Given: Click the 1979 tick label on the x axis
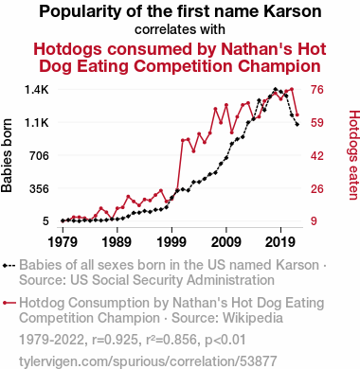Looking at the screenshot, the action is [x=63, y=242].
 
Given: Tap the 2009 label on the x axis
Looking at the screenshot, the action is [x=226, y=242].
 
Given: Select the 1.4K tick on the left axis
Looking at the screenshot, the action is [x=37, y=90].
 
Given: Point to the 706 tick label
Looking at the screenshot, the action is [x=40, y=155].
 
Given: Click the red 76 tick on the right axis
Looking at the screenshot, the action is [x=317, y=90].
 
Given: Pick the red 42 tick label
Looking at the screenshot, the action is [x=317, y=155].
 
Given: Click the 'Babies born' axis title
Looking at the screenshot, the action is [x=7, y=155].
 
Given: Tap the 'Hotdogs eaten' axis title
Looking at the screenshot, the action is [x=353, y=155].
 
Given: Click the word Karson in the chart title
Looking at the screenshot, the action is [x=292, y=11].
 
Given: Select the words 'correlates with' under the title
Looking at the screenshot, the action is [x=180, y=29].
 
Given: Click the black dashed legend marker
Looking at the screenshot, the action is [x=9, y=266].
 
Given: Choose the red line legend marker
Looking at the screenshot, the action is [x=9, y=303].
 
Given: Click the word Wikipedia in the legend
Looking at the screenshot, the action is [x=253, y=318].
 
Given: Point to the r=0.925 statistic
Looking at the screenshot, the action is [x=115, y=340].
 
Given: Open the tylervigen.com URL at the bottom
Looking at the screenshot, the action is [x=148, y=361].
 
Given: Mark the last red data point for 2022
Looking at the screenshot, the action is [x=297, y=114].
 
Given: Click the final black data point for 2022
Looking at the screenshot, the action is [x=297, y=125].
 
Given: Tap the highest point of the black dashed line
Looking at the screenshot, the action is [x=276, y=89].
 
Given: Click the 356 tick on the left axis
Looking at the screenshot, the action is [x=40, y=188].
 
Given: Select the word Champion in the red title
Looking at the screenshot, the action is [x=279, y=66].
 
